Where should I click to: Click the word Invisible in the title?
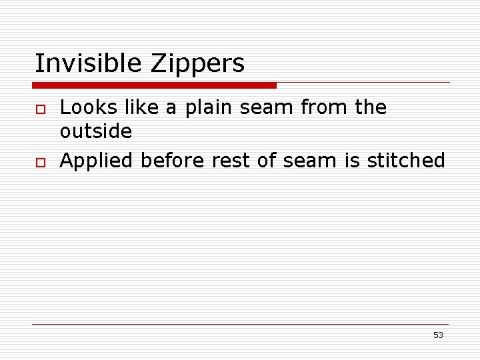[89, 64]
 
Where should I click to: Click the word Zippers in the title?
[198, 64]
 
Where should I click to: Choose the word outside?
[96, 131]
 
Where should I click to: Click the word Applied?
[97, 161]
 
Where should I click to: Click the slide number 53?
[438, 335]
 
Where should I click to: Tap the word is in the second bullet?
[357, 161]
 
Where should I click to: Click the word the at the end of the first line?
[371, 107]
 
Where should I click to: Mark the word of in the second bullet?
[265, 161]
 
